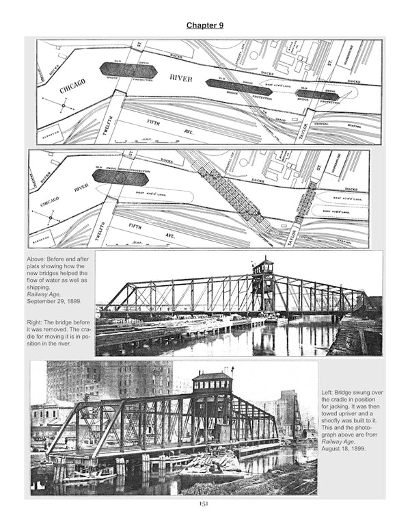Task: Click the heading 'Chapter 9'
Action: click(205, 25)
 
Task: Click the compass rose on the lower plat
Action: click(54, 218)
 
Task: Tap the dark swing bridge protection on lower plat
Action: click(120, 177)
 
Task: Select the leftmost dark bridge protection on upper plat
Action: click(130, 69)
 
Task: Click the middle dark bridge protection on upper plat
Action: click(233, 86)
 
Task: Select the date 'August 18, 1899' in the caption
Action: click(346, 450)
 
